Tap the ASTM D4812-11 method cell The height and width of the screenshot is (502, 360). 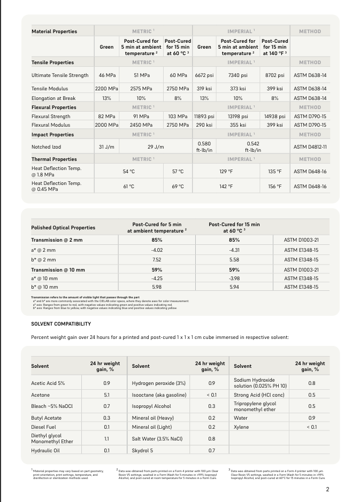[x=310, y=146]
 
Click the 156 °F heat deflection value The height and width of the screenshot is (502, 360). [x=275, y=186]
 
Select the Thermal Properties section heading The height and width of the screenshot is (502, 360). [x=54, y=159]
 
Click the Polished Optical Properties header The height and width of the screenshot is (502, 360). [x=63, y=228]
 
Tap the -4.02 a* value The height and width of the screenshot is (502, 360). [x=157, y=250]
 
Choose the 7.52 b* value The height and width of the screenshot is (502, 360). [x=157, y=259]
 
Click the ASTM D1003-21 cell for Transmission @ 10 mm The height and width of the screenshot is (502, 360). [x=301, y=269]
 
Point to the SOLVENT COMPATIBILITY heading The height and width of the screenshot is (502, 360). [x=61, y=324]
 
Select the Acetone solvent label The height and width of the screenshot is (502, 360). [x=40, y=395]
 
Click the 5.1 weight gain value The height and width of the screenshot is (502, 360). [x=106, y=395]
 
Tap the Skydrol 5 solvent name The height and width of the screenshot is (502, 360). [x=143, y=451]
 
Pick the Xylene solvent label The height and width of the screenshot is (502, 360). [x=242, y=427]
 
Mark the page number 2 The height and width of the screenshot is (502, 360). [x=327, y=489]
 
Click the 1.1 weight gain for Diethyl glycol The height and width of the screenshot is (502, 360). [x=106, y=438]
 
